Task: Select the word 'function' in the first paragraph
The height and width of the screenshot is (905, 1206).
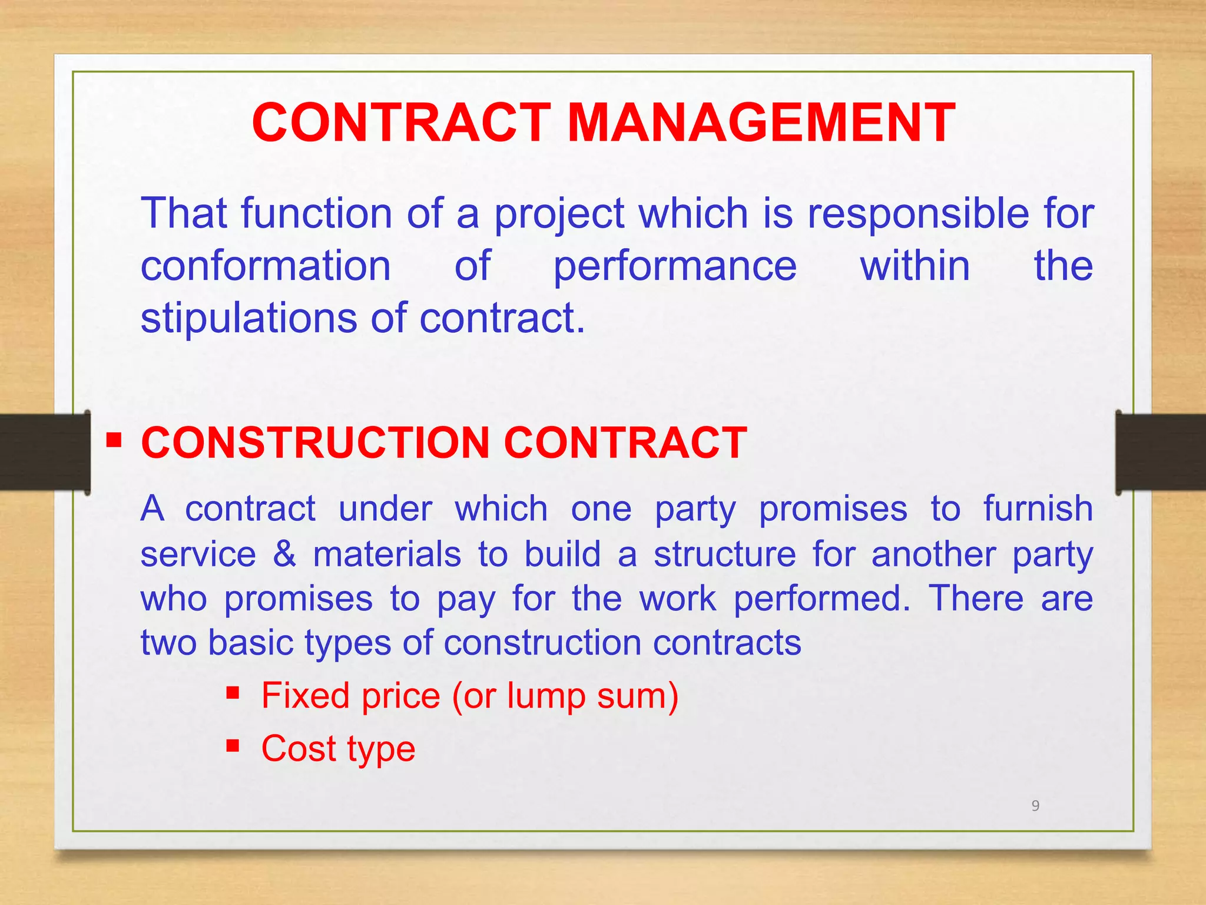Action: click(316, 213)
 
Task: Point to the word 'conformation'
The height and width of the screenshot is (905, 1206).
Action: click(266, 266)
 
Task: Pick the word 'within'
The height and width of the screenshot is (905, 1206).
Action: click(915, 266)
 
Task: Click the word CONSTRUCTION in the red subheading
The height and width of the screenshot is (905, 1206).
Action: click(315, 442)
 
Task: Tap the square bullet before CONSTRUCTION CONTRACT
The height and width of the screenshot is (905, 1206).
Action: click(114, 440)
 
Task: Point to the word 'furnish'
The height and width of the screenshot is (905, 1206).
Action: click(1038, 508)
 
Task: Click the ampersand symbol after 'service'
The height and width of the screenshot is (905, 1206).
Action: click(284, 554)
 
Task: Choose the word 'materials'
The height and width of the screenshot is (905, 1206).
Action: click(387, 554)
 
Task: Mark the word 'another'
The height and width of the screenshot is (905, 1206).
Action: click(933, 554)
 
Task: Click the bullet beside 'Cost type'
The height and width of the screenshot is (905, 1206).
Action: click(233, 746)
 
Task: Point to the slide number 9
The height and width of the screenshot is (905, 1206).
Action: click(1035, 805)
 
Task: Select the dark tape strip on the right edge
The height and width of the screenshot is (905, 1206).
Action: click(1161, 452)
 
